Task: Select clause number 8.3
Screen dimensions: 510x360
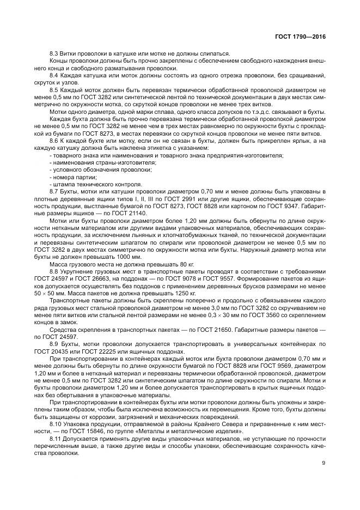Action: [x=54, y=53]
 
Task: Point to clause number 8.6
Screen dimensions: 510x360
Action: [x=54, y=141]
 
